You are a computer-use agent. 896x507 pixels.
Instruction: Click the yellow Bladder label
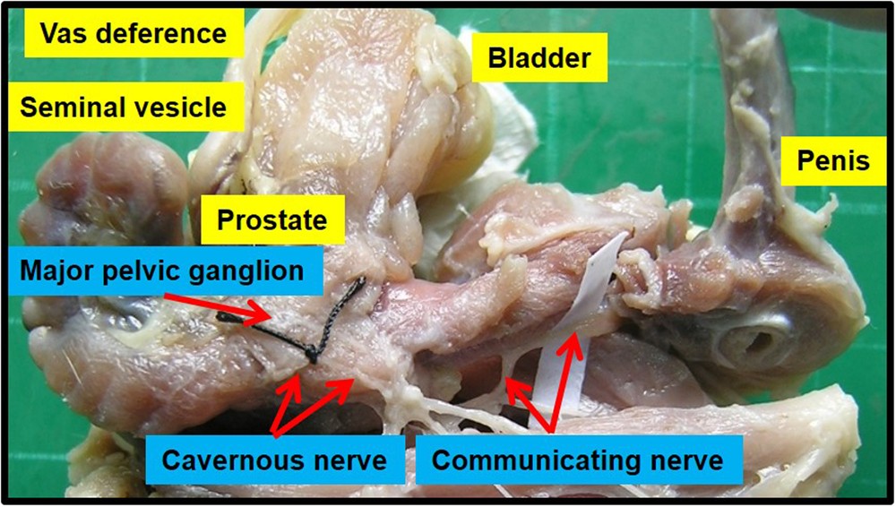pos(538,57)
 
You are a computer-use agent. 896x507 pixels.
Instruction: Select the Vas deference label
pos(134,33)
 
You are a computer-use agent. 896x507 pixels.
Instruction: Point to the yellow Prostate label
pos(272,219)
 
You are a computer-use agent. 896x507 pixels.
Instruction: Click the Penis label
pos(833,160)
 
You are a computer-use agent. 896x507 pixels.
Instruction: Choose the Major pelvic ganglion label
pos(166,271)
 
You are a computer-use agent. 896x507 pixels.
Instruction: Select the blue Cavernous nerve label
pos(274,460)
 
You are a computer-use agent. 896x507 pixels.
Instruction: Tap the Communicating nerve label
pos(578,460)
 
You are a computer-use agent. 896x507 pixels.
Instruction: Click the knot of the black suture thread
pos(312,357)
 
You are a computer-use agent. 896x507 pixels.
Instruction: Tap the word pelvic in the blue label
pos(138,271)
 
